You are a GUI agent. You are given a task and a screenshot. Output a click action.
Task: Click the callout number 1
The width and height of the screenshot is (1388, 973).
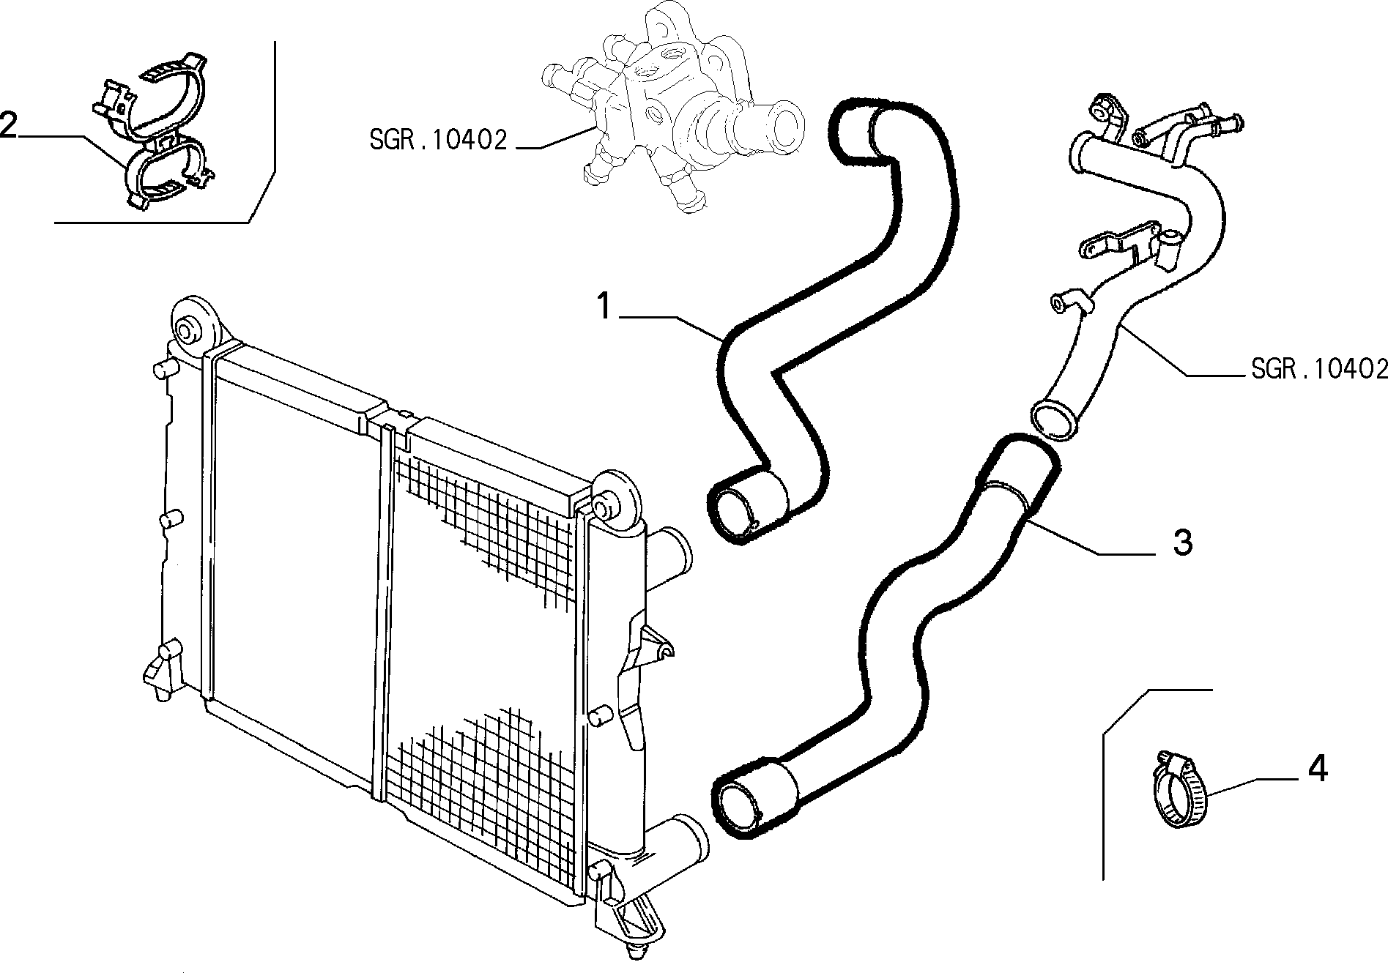point(604,306)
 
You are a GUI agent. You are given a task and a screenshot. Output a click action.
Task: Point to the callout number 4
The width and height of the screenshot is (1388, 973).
point(1317,769)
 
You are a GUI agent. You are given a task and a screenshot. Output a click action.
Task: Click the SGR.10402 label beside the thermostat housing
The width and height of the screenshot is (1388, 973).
point(438,140)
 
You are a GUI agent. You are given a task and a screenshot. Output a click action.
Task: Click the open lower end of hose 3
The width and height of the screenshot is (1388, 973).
point(740,805)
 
